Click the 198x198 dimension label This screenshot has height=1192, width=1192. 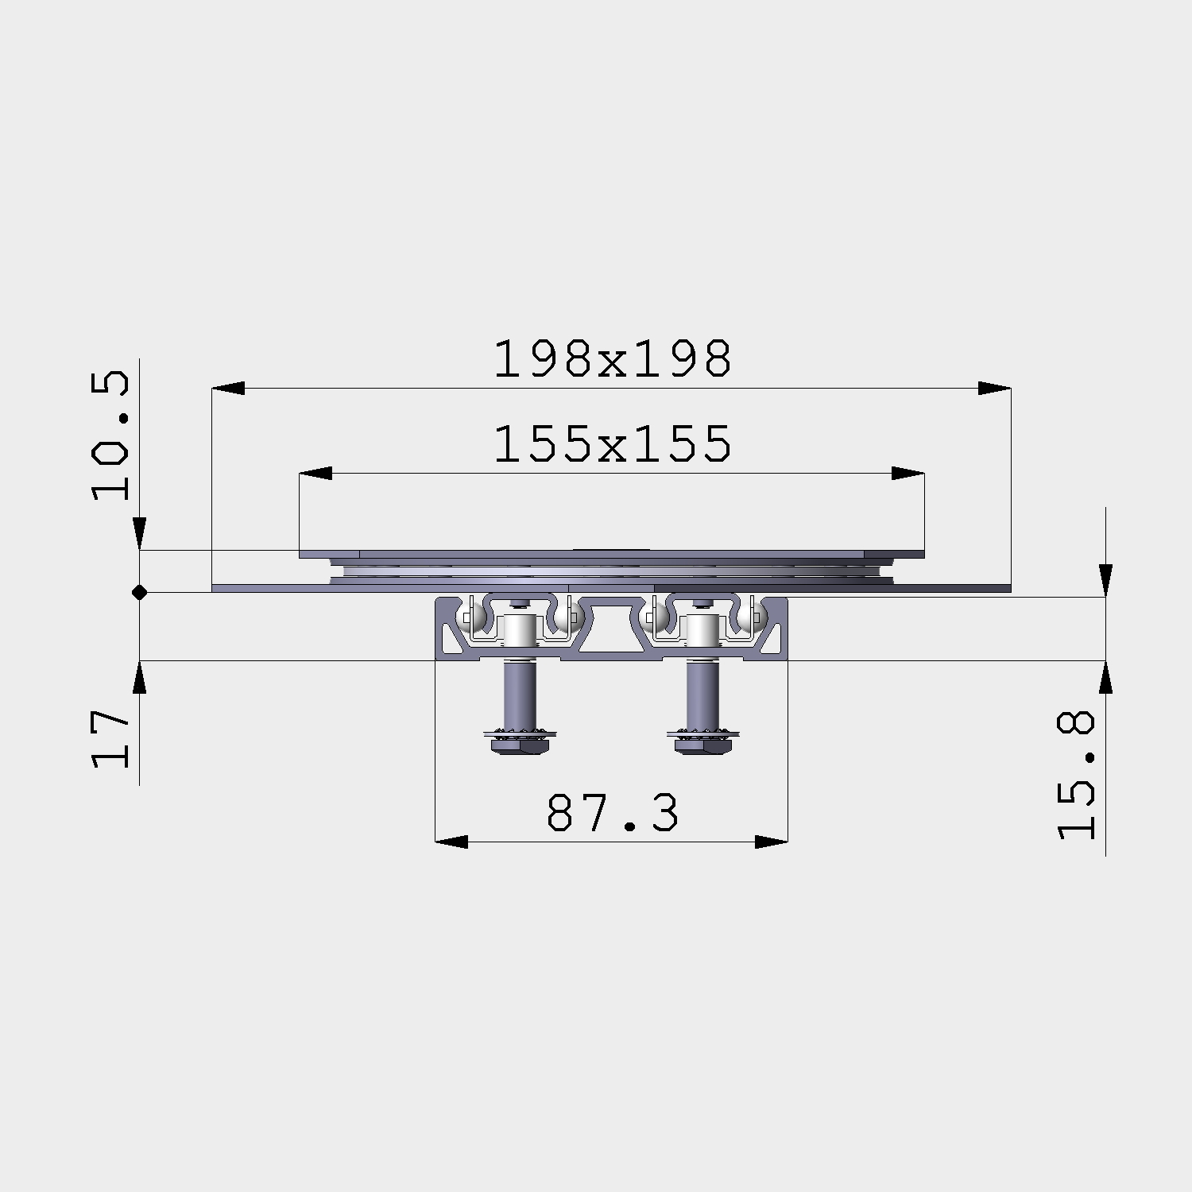[x=612, y=359]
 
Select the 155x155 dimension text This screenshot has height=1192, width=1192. [x=612, y=443]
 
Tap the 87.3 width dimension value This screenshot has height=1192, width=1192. [x=613, y=813]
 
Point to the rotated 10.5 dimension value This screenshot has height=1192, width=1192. [x=110, y=435]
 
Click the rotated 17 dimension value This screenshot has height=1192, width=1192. [x=110, y=739]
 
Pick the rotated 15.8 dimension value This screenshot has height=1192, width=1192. [x=1076, y=775]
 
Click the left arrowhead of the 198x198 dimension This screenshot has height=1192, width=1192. [x=228, y=389]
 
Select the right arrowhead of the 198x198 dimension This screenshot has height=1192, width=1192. [x=994, y=389]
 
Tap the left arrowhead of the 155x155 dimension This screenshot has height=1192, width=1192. [x=315, y=473]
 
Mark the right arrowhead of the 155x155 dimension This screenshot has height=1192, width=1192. [x=908, y=473]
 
